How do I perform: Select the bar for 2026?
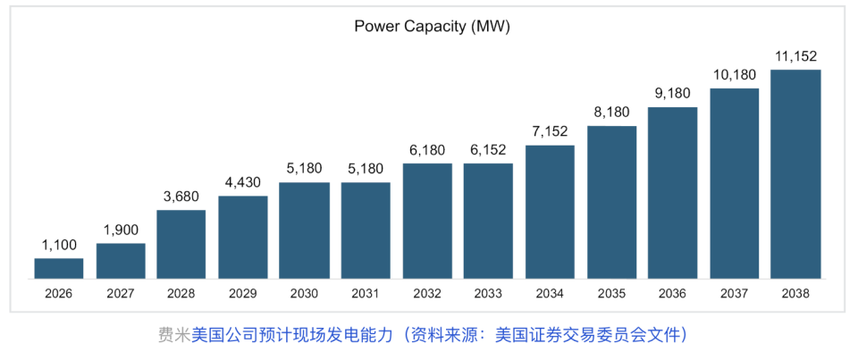pyautogui.click(x=59, y=268)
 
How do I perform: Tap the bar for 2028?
pyautogui.click(x=181, y=244)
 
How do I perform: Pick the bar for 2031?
pyautogui.click(x=366, y=230)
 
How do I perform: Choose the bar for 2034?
pyautogui.click(x=550, y=212)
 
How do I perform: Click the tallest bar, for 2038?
pyautogui.click(x=795, y=174)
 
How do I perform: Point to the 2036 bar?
pyautogui.click(x=672, y=193)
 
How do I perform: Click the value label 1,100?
pyautogui.click(x=59, y=244)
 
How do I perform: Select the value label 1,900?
pyautogui.click(x=121, y=230)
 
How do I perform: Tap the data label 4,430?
pyautogui.click(x=243, y=182)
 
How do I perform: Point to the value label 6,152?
pyautogui.click(x=488, y=150)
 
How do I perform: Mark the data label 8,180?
pyautogui.click(x=611, y=113)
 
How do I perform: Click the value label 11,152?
pyautogui.click(x=795, y=56)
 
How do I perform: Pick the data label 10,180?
pyautogui.click(x=734, y=75)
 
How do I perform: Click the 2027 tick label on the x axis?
pyautogui.click(x=121, y=293)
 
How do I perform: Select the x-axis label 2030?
pyautogui.click(x=305, y=293)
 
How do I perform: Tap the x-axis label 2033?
pyautogui.click(x=488, y=293)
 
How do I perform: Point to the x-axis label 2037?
pyautogui.click(x=734, y=293)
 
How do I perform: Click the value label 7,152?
pyautogui.click(x=550, y=131)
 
